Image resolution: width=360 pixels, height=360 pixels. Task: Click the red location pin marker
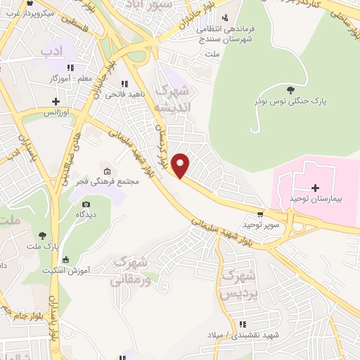(x=181, y=165)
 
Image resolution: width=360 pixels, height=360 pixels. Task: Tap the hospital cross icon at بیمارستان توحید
(x=315, y=188)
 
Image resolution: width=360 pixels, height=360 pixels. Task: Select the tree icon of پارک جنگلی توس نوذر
(x=291, y=89)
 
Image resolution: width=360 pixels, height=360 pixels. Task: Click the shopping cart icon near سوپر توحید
(x=261, y=214)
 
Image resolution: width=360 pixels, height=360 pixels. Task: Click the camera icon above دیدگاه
(x=86, y=204)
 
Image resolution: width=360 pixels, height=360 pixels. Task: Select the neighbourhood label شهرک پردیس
(x=236, y=285)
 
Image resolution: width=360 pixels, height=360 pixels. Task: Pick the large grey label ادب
(x=51, y=51)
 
